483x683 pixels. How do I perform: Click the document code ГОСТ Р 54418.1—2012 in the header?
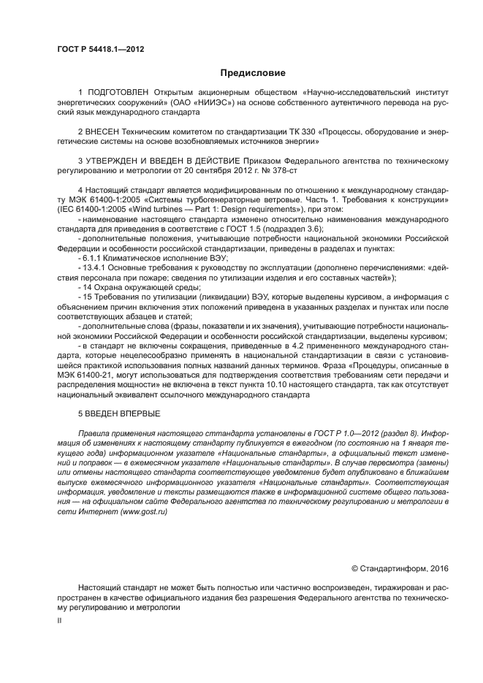tap(100, 49)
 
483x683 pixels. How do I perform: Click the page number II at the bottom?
tap(59, 619)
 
